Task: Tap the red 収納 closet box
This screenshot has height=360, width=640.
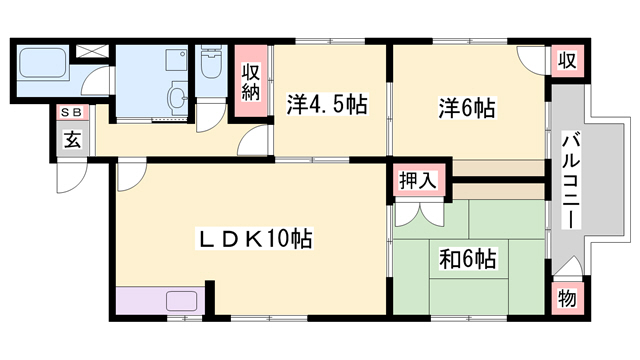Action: coord(252,83)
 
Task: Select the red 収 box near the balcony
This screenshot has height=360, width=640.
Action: coord(567,60)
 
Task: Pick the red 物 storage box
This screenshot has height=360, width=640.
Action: coord(567,296)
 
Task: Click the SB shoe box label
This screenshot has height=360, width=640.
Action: coord(72,113)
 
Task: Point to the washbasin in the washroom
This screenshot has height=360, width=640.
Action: coord(177,98)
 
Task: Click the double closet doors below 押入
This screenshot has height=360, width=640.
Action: coord(418,212)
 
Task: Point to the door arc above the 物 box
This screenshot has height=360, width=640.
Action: coord(565,267)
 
